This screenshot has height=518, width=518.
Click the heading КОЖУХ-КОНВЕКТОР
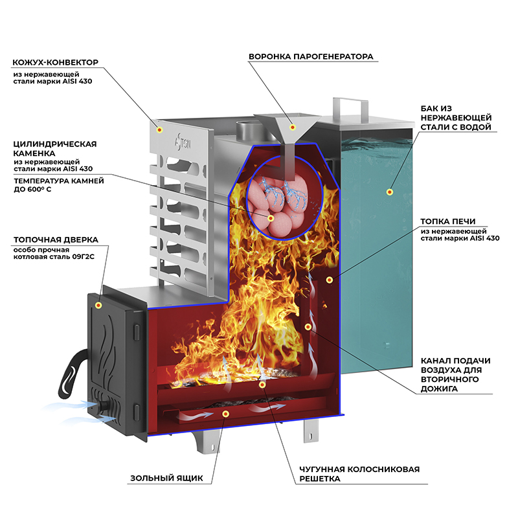(55, 63)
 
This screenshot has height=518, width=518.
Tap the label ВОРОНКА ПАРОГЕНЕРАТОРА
(311, 56)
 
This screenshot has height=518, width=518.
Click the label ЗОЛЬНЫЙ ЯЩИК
(166, 479)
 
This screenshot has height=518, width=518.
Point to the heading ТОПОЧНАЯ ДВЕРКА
(55, 240)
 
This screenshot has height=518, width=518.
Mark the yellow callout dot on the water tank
(390, 192)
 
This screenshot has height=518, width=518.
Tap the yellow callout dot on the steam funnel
(293, 127)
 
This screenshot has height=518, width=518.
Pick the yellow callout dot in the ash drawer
(225, 413)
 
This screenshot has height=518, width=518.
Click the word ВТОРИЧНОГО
(449, 379)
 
